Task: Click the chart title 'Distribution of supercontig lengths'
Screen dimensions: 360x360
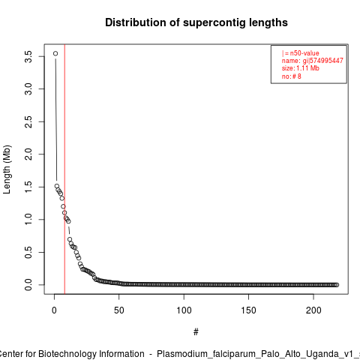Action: coord(196,22)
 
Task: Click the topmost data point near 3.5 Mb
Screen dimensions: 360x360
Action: coord(55,53)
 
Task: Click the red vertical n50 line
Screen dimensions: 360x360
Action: coord(64,169)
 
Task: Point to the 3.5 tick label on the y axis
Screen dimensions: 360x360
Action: coord(28,56)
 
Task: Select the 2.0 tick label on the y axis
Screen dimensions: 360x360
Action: coord(28,154)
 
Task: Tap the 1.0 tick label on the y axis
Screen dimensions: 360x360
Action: coord(28,220)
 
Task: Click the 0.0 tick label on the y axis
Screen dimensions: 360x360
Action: coord(28,285)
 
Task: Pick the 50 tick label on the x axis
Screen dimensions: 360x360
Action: coord(119,310)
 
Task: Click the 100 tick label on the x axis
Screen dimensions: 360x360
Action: coord(184,310)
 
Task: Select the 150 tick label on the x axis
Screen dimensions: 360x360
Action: coord(248,310)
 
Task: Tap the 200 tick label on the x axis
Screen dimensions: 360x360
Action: coord(313,310)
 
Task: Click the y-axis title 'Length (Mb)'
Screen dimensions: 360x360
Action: coord(7,169)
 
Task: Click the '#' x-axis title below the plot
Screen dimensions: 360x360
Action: coord(196,332)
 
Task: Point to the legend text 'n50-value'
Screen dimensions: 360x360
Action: coord(304,53)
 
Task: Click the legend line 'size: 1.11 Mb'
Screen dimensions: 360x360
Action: coord(301,68)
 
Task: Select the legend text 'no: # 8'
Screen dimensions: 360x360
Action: coord(292,76)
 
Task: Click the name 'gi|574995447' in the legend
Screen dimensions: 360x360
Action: coord(323,61)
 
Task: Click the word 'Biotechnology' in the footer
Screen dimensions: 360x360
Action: coord(91,354)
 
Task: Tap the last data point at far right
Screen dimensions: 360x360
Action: coord(337,285)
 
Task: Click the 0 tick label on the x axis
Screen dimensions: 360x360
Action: coord(54,310)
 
